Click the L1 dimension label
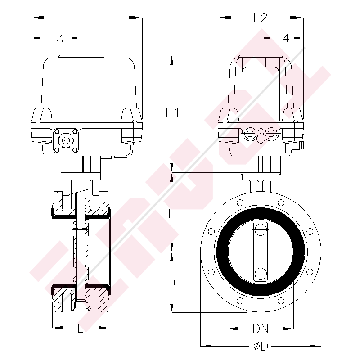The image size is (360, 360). pos(87,18)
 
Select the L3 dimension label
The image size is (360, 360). pos(56,39)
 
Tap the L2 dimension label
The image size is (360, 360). pos(261,18)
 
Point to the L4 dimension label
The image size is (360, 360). pos(282,39)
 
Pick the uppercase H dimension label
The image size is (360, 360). pos(171,214)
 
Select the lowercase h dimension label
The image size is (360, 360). pos(171,281)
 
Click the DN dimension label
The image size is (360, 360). pos(261,329)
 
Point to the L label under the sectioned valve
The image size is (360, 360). pos(81,329)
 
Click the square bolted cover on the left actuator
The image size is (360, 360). pos(66,140)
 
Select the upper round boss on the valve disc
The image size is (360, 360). pos(260,230)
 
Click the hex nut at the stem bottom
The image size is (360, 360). pos(81,306)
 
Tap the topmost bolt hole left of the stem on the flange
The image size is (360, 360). pos(240,202)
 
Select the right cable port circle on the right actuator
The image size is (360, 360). pos(270,133)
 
